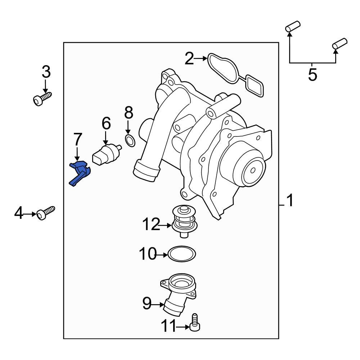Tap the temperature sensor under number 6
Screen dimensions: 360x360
point(106,154)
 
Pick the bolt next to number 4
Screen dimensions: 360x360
point(46,213)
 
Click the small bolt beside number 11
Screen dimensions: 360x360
point(194,322)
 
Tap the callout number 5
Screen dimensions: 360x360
point(312,75)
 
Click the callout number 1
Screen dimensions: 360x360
point(290,201)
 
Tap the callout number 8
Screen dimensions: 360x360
point(128,113)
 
